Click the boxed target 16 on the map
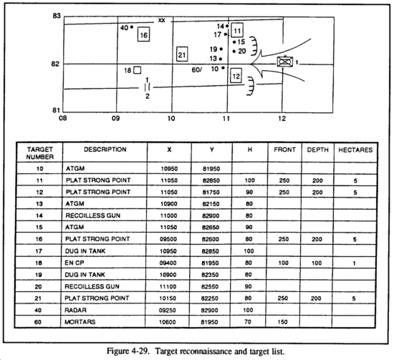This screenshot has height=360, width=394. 144,34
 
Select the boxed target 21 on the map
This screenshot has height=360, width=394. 182,54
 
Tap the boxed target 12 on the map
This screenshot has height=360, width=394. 236,76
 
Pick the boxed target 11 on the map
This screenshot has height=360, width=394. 237,30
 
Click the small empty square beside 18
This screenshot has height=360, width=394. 138,70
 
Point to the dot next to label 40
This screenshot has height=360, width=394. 132,27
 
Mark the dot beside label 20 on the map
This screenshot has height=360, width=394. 234,52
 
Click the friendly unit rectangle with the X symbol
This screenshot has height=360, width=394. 285,62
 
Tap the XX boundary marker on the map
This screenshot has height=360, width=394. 162,20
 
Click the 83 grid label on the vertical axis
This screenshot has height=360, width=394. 57,16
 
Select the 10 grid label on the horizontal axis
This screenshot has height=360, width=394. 171,118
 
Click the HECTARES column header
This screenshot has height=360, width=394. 355,150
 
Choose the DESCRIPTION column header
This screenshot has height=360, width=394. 105,150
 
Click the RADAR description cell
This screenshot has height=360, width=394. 75,310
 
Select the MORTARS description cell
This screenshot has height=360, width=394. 80,322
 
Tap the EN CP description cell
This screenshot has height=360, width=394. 75,263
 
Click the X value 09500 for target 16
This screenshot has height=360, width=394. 168,239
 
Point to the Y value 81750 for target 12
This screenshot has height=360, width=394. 211,193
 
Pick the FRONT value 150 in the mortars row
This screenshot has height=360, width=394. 283,322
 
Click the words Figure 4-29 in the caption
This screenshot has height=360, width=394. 128,351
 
